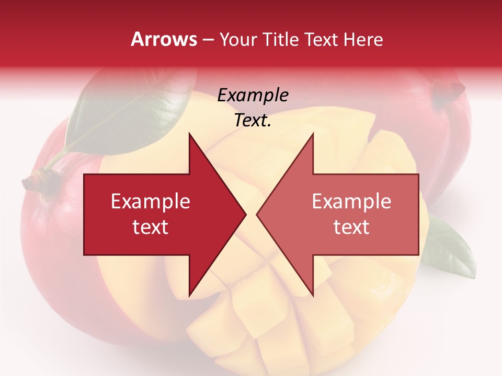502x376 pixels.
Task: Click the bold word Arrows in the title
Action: pos(164,39)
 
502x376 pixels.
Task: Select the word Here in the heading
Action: pos(363,39)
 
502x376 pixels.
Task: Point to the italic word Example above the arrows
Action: pos(253,95)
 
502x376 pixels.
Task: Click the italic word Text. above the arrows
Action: pos(253,121)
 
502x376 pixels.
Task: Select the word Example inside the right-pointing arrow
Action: pos(150,201)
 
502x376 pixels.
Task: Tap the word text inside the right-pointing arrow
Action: pos(150,227)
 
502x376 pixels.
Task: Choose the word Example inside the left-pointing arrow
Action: pos(351,201)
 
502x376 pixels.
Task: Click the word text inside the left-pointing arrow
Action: pos(351,227)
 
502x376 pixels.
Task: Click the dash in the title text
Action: pos(208,40)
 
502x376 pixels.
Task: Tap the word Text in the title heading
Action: pos(321,39)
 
